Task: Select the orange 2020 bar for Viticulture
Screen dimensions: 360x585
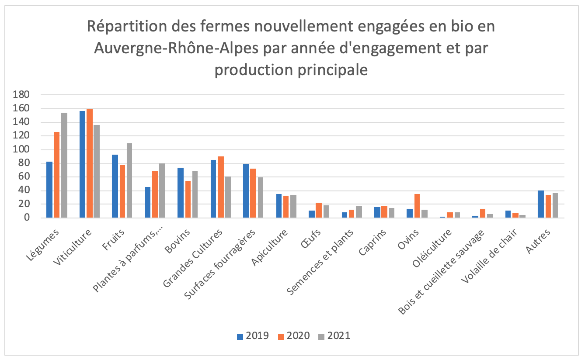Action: [x=90, y=163]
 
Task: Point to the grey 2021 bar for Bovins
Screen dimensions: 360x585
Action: [x=195, y=194]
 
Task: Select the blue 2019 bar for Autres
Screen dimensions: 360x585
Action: [x=541, y=204]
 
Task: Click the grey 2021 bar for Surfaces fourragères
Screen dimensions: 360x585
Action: [x=260, y=197]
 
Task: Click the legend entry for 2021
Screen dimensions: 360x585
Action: [x=334, y=336]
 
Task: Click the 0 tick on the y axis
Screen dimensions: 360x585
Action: [x=27, y=218]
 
